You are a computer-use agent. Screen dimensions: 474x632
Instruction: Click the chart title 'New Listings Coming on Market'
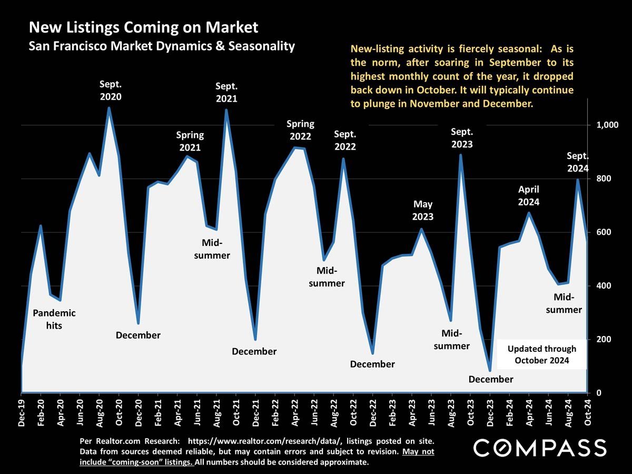(143, 27)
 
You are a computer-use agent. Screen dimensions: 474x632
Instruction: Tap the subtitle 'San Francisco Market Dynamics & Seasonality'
(161, 46)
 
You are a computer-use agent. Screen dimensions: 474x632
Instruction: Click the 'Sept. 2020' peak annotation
(111, 91)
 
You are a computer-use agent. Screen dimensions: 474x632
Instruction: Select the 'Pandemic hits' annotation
(54, 319)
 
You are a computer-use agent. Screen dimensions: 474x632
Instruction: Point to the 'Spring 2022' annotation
(300, 130)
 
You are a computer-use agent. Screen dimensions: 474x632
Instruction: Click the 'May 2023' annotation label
(423, 210)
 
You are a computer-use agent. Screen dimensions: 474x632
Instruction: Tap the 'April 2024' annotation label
(529, 195)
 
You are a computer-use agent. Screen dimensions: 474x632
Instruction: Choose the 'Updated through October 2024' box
(541, 354)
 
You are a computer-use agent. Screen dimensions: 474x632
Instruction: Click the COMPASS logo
(539, 448)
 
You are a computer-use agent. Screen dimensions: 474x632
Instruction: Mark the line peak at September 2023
(461, 155)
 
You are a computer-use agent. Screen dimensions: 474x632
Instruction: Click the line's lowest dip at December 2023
(490, 370)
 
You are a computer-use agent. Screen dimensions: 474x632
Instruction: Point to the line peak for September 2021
(226, 111)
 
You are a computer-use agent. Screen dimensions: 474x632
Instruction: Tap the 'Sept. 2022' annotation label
(345, 140)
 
